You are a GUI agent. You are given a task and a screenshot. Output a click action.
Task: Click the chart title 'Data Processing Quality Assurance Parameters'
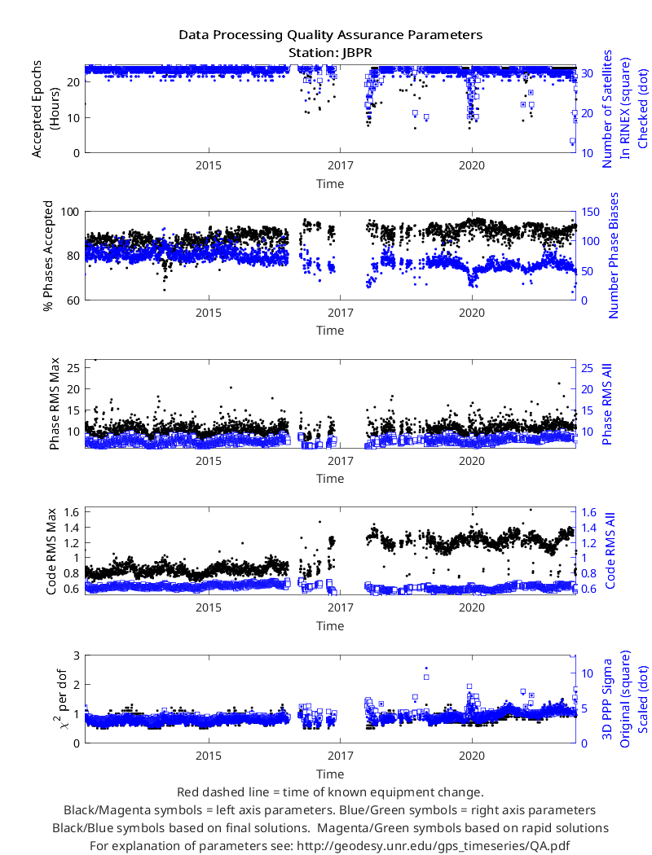[x=330, y=36]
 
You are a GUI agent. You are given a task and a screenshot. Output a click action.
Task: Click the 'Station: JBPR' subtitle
[x=330, y=53]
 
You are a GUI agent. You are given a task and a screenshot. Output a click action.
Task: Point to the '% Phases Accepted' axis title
[x=49, y=256]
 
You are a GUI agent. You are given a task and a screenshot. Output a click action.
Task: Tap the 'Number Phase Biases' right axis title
[x=613, y=255]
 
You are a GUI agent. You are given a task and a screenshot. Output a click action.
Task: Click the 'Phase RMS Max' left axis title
[x=54, y=404]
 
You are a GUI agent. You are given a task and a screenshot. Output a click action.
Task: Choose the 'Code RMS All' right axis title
[x=610, y=550]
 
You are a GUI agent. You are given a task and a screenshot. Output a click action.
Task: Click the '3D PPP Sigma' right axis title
[x=606, y=699]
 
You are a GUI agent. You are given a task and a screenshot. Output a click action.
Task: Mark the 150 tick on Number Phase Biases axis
[x=590, y=212]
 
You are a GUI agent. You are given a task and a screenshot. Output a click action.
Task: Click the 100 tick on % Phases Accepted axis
[x=70, y=212]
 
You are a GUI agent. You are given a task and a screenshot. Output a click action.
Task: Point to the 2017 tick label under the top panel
[x=341, y=166]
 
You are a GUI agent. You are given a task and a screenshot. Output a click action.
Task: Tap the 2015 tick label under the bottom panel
[x=209, y=756]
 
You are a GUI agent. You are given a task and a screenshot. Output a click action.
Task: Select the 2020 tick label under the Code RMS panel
[x=471, y=607]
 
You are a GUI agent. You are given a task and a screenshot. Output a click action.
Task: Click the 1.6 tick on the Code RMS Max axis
[x=72, y=512]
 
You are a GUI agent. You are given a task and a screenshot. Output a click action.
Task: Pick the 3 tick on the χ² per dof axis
[x=77, y=655]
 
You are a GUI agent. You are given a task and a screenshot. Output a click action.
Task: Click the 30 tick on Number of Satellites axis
[x=587, y=73]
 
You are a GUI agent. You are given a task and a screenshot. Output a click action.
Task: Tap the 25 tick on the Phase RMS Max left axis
[x=73, y=368]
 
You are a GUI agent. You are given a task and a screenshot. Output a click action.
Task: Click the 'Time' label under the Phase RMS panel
[x=330, y=479]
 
